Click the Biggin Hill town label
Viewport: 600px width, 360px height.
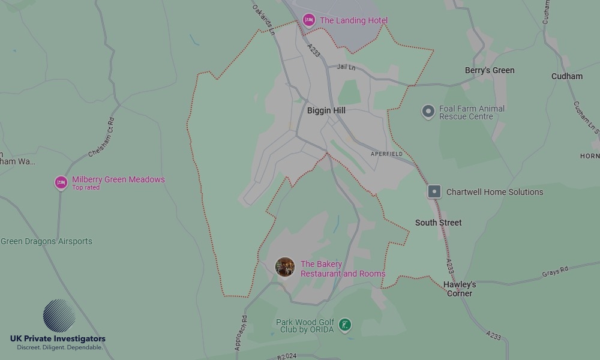(x=326, y=110)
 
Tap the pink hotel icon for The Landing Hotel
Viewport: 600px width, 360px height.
(x=309, y=20)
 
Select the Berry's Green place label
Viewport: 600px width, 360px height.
(x=490, y=70)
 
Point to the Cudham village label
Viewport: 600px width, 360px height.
(x=567, y=76)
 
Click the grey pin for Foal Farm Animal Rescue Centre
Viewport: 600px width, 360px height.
(x=428, y=112)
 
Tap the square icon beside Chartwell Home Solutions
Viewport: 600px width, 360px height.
(x=434, y=192)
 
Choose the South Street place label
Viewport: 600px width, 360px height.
(x=439, y=223)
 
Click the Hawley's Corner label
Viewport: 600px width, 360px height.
(x=460, y=289)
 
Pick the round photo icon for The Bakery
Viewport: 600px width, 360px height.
(x=285, y=267)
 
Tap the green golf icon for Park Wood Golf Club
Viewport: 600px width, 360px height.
(x=345, y=325)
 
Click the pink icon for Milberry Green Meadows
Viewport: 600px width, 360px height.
(x=61, y=182)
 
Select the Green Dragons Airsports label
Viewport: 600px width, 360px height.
(x=46, y=241)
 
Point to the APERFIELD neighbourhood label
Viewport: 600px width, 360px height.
(x=387, y=154)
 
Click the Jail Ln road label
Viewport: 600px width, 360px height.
(x=346, y=67)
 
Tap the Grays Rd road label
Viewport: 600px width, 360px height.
(x=555, y=272)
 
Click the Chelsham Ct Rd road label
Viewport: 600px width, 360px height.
(x=101, y=138)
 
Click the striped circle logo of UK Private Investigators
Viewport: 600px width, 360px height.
(x=59, y=316)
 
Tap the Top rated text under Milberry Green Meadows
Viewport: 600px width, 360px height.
(x=86, y=188)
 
